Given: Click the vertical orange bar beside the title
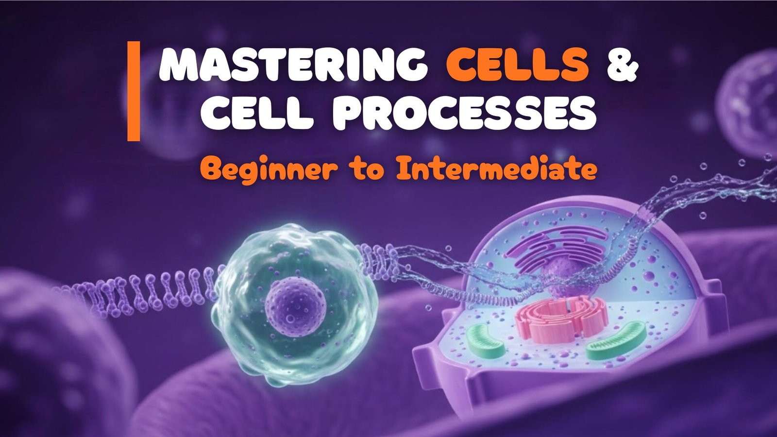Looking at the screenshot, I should pyautogui.click(x=134, y=91).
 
